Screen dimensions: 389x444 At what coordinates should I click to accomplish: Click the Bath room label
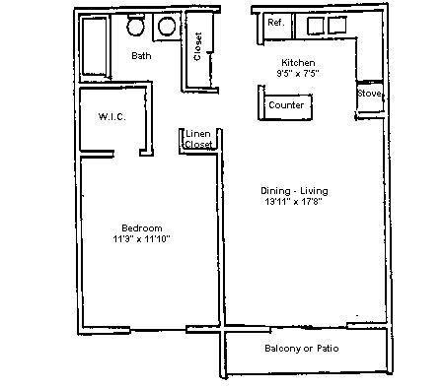click(x=141, y=56)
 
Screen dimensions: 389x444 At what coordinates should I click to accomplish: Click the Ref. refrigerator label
click(x=275, y=22)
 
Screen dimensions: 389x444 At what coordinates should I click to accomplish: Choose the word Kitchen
click(x=298, y=62)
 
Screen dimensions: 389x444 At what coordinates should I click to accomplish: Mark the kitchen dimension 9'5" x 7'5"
click(x=299, y=72)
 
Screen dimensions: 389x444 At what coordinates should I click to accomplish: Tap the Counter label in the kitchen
click(x=286, y=104)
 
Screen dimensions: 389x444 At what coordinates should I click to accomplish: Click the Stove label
click(x=369, y=95)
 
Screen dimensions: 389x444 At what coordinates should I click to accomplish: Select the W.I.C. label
click(x=111, y=117)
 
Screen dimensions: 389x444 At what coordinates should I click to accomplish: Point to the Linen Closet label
click(x=198, y=139)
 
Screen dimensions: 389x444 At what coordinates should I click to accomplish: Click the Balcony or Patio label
click(x=305, y=349)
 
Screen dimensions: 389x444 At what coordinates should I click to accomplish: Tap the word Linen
click(x=198, y=133)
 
